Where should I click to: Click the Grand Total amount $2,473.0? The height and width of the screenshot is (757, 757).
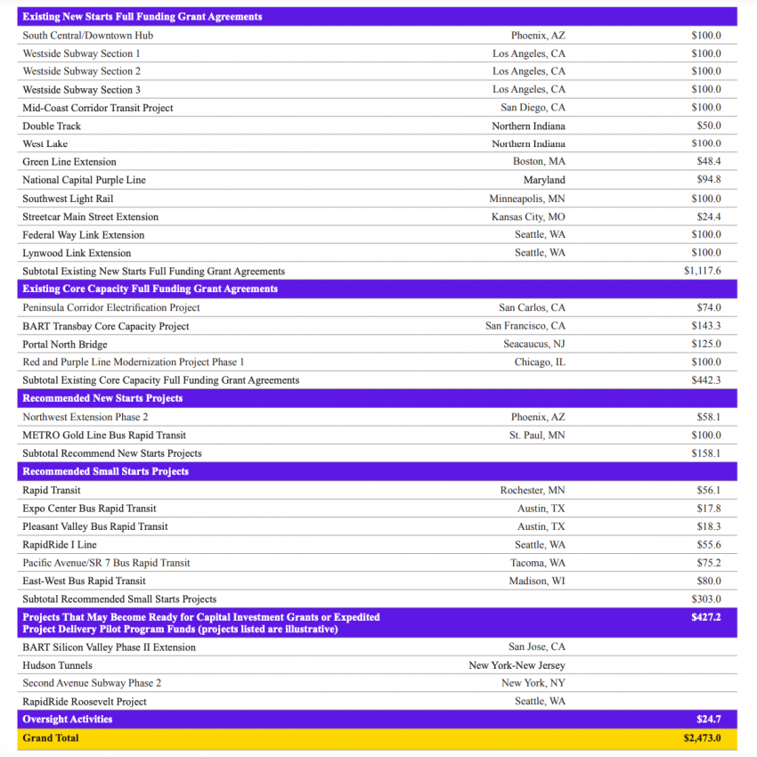[x=702, y=738]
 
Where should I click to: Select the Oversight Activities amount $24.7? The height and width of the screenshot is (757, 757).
[x=709, y=719]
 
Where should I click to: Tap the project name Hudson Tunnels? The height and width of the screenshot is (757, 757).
[x=57, y=665]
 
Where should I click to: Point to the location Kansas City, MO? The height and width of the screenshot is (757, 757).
[x=528, y=217]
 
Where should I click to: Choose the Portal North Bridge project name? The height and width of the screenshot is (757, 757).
[x=65, y=345]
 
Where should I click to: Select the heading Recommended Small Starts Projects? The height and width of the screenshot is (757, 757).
[x=105, y=471]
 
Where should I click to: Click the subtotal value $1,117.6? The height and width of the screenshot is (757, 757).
[x=703, y=272]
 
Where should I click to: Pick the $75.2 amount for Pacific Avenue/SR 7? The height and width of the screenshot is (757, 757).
[x=709, y=563]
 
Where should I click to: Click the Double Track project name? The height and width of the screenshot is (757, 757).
[x=52, y=126]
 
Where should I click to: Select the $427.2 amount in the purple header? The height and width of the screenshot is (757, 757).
[x=706, y=616]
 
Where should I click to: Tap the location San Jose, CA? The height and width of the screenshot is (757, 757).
[x=537, y=647]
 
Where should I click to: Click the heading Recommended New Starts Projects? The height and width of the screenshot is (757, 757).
[x=102, y=398]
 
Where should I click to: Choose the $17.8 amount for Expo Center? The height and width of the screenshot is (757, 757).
[x=709, y=509]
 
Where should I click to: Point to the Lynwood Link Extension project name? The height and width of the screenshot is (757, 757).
[x=77, y=253]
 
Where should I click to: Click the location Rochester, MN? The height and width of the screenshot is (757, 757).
[x=533, y=491]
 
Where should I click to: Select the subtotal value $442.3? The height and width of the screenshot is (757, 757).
[x=706, y=380]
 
